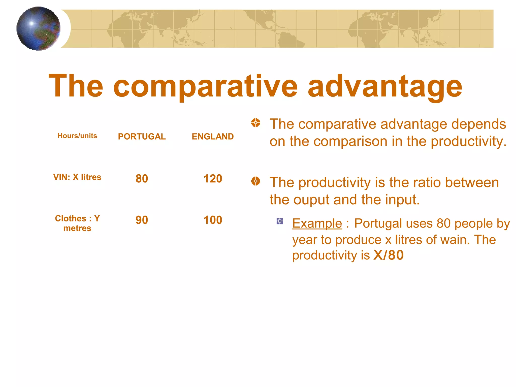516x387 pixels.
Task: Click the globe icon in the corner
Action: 38,28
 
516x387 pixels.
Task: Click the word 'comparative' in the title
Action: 205,86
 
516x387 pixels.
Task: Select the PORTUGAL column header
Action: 142,136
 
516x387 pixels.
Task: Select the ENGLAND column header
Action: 213,136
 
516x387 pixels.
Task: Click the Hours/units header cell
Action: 77,136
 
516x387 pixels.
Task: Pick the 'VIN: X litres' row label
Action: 77,177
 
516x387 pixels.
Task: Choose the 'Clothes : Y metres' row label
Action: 77,223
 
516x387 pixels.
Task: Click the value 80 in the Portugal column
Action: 142,179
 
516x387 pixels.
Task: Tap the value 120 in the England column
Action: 213,179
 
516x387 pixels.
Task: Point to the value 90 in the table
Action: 142,220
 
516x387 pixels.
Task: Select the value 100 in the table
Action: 213,220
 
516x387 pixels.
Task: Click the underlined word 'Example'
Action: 317,223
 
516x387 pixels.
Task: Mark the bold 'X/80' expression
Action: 388,255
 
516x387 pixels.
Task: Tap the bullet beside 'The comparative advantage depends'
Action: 255,123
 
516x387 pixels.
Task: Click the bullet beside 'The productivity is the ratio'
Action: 255,181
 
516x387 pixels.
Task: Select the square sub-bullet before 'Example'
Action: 280,221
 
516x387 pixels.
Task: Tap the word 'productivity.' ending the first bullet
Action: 468,141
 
